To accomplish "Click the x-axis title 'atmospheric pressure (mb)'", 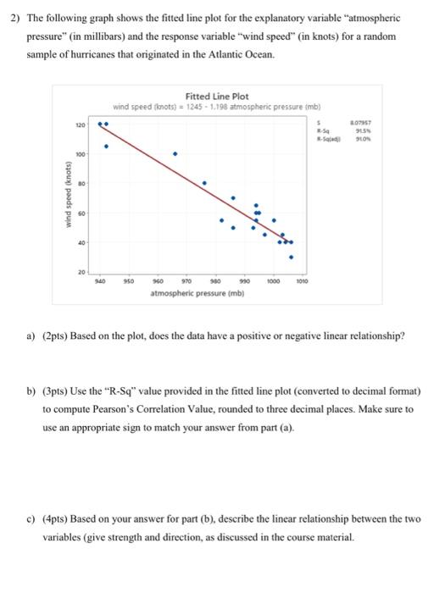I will click(187, 293).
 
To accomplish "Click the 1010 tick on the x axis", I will click(302, 280).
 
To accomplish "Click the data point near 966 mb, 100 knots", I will click(175, 154).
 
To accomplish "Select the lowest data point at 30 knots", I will click(292, 257).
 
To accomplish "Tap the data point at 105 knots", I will click(106, 146).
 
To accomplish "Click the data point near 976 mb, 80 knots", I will click(203, 182).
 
